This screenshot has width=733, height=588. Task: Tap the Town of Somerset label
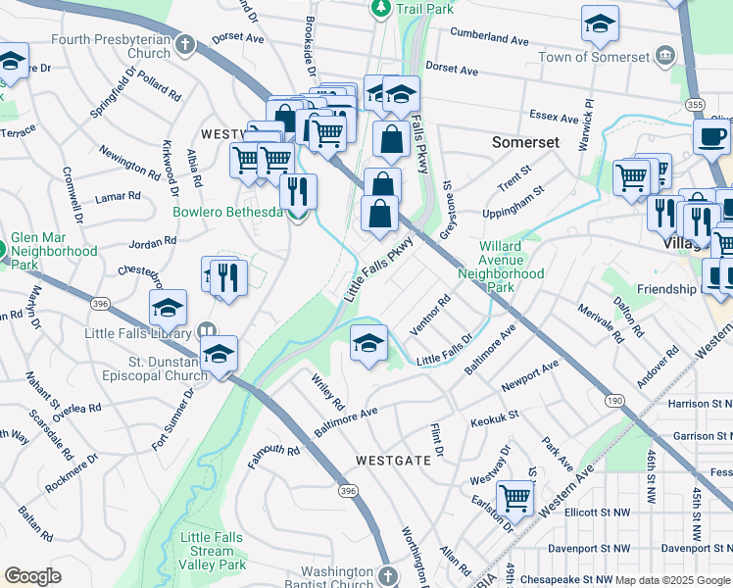click(608, 57)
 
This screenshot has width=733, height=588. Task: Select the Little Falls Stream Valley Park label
click(213, 550)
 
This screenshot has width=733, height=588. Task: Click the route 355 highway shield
click(695, 104)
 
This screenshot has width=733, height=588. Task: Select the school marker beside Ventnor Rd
click(368, 344)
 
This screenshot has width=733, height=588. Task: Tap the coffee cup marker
click(711, 137)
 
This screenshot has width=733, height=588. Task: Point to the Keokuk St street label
click(494, 418)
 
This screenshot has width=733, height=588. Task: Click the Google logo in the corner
click(33, 576)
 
